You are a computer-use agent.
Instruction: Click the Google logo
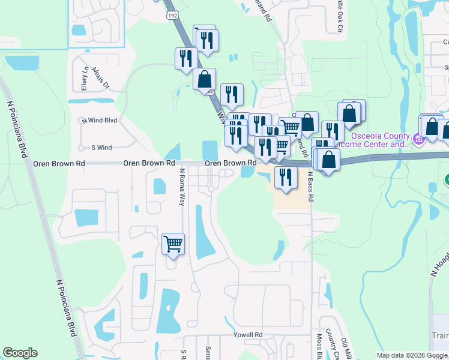click(20, 353)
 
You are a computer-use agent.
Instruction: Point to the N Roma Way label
click(182, 187)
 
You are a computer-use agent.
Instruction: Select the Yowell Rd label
click(250, 335)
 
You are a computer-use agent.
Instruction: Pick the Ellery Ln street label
click(85, 79)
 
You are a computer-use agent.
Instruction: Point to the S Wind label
click(101, 148)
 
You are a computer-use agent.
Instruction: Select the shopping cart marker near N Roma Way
click(173, 244)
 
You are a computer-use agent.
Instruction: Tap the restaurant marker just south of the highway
click(285, 177)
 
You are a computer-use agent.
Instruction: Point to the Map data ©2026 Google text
click(412, 355)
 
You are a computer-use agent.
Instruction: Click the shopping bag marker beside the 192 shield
click(204, 79)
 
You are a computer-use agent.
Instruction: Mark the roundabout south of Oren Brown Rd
click(211, 189)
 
